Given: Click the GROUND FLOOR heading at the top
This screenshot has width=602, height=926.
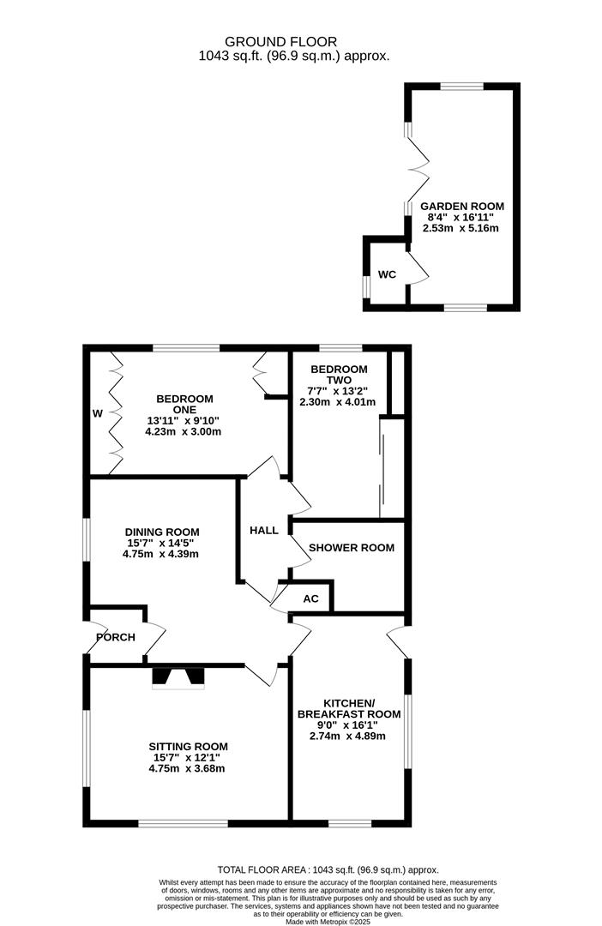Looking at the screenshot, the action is pyautogui.click(x=280, y=42).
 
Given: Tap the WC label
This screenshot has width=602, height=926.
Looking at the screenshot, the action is pyautogui.click(x=387, y=274).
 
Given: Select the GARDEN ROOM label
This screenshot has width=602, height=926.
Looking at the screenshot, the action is pyautogui.click(x=462, y=206).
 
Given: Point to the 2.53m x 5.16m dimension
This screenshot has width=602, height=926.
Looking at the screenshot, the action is pyautogui.click(x=461, y=228).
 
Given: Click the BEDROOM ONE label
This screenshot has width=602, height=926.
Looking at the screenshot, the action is pyautogui.click(x=184, y=404).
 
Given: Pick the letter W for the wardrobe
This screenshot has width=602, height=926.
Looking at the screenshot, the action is pyautogui.click(x=98, y=414).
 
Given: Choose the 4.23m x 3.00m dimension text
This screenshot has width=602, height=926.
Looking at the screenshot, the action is pyautogui.click(x=184, y=431).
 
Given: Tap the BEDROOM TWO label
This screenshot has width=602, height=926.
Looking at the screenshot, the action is pyautogui.click(x=339, y=375).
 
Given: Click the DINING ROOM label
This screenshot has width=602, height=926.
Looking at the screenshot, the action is pyautogui.click(x=162, y=532).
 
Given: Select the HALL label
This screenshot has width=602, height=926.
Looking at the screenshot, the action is pyautogui.click(x=264, y=531).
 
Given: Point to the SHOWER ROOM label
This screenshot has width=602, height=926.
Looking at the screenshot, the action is pyautogui.click(x=352, y=547).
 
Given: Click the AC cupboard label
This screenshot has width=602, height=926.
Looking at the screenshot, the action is pyautogui.click(x=310, y=598).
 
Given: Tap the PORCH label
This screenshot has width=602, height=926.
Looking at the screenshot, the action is pyautogui.click(x=116, y=637).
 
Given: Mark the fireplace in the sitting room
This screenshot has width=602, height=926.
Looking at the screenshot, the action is pyautogui.click(x=178, y=677).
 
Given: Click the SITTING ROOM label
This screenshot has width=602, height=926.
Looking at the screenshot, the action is pyautogui.click(x=188, y=747).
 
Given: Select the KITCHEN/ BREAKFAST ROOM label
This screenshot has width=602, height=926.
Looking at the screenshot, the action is pyautogui.click(x=348, y=709).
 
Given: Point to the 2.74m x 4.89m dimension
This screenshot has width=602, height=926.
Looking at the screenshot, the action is pyautogui.click(x=347, y=736).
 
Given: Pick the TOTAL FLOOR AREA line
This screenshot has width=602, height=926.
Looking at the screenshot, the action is pyautogui.click(x=328, y=870).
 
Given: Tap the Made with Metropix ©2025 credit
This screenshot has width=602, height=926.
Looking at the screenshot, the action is pyautogui.click(x=328, y=922).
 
